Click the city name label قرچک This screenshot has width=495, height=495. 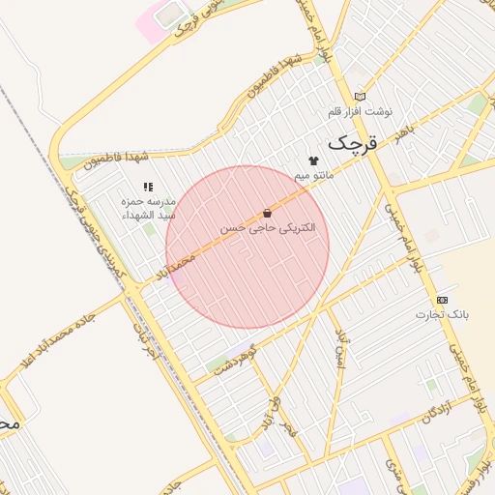click(x=349, y=143)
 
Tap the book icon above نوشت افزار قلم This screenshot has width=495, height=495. click(x=361, y=97)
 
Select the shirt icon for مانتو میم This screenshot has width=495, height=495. click(x=312, y=160)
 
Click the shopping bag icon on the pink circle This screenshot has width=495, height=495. click(x=267, y=213)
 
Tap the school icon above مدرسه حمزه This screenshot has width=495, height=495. click(x=147, y=187)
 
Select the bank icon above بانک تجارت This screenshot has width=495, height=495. click(x=442, y=300)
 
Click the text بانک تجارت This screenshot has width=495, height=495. click(x=442, y=314)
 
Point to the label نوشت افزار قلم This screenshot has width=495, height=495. click(x=360, y=112)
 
